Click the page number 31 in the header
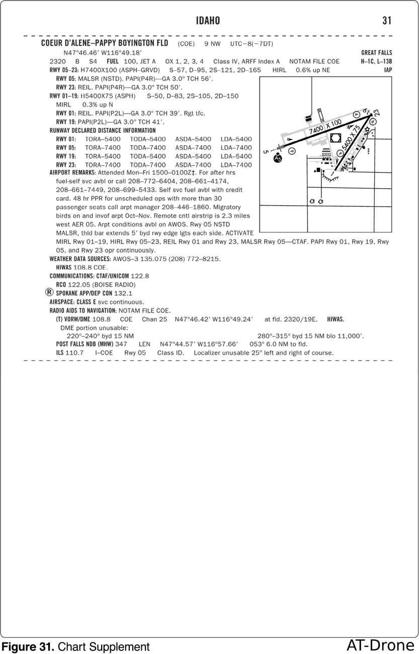tap(386, 21)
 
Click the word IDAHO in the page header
tap(208, 21)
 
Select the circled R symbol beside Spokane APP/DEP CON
tap(49, 293)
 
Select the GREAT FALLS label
tap(376, 53)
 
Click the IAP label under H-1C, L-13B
tap(387, 70)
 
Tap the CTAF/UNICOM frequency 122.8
tap(140, 276)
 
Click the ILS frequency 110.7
tap(74, 353)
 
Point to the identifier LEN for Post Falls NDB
tap(144, 344)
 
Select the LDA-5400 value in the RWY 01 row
tap(236, 139)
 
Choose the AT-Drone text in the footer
tap(380, 645)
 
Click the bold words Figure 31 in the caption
tap(28, 646)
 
